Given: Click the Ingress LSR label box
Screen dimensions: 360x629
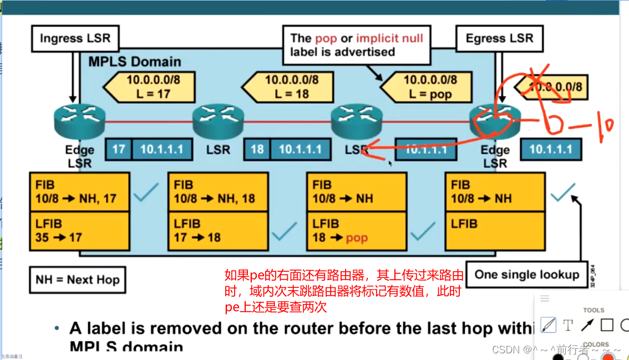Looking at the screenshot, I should point(75,39).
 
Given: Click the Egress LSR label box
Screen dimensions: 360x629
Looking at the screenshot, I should point(499,39).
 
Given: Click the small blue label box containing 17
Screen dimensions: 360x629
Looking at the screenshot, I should point(119,149).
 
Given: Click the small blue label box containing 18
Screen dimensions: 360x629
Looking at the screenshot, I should point(257,149).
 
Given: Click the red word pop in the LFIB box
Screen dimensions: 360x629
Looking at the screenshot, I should point(357,238).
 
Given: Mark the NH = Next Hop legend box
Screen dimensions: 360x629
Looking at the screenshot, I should point(77,280).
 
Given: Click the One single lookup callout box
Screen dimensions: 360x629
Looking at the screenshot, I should point(526,275).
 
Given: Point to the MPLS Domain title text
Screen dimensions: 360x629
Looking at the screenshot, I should point(135,61).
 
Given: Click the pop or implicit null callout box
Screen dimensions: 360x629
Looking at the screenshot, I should point(357,45).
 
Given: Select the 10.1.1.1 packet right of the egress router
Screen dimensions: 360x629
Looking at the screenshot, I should point(551,149).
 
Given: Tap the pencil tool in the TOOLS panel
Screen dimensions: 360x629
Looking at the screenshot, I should point(549,325).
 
